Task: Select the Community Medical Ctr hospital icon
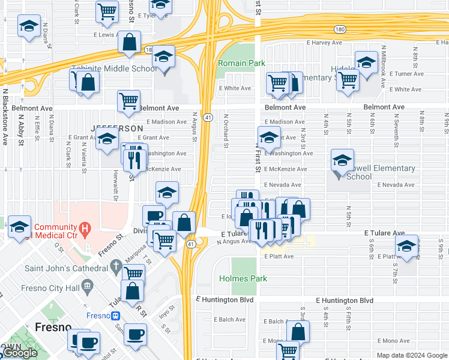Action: coord(85,228)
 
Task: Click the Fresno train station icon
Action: coord(115,316)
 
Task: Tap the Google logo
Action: coord(19,353)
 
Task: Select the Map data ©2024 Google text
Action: coord(411,355)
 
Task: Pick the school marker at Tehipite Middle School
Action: coord(163,58)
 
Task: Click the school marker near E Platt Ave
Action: coord(406,247)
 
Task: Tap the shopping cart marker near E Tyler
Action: coord(107,11)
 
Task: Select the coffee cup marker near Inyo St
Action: coord(135,334)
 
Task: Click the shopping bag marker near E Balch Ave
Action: coord(298,331)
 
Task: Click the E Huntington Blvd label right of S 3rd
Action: coord(345,300)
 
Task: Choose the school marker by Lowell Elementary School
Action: coord(342,160)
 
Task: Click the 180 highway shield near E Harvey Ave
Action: coord(339,28)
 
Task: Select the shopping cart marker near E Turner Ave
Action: coord(348,80)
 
